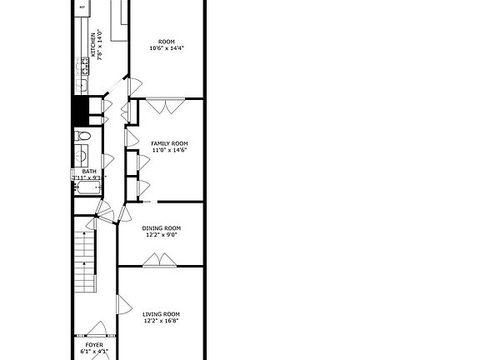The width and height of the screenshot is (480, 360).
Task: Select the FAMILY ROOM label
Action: (169, 143)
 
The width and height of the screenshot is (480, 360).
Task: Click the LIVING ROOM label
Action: (161, 313)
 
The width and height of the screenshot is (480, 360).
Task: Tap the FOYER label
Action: (94, 343)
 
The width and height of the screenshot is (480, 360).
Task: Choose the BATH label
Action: (88, 171)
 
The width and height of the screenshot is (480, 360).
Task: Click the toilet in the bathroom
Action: (81, 136)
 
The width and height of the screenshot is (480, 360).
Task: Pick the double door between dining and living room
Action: (157, 261)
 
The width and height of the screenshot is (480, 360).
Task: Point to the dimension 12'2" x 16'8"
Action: (161, 321)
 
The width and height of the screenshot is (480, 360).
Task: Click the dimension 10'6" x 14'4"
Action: (167, 47)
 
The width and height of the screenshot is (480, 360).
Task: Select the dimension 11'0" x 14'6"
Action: (169, 150)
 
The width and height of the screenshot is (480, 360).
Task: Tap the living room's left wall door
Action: (122, 305)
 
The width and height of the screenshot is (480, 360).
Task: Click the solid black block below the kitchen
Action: (81, 110)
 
